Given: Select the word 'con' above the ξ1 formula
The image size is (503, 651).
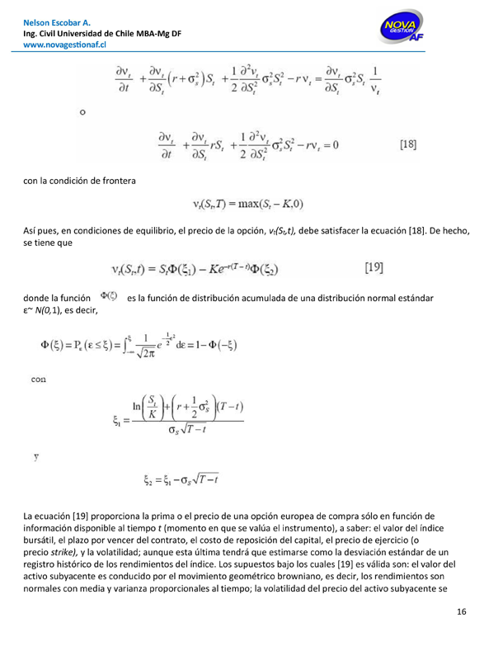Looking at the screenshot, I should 38,357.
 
